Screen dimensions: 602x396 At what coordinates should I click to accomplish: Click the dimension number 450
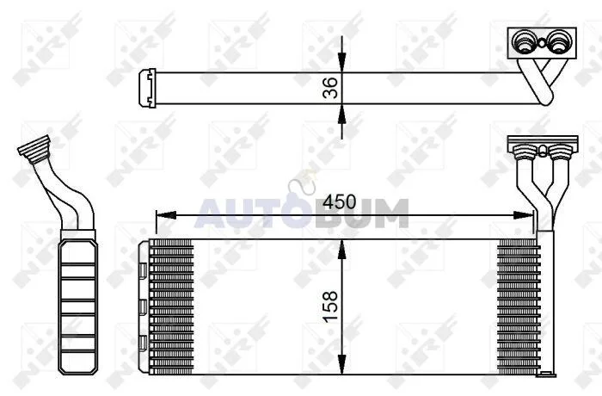click(340, 201)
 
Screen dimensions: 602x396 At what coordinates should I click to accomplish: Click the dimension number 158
click(330, 306)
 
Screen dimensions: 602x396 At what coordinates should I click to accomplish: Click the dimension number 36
click(330, 88)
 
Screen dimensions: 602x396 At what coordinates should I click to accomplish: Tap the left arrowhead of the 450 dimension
click(166, 215)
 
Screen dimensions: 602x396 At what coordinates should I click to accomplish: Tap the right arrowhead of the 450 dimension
click(524, 215)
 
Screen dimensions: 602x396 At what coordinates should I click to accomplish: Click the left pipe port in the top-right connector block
click(523, 41)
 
